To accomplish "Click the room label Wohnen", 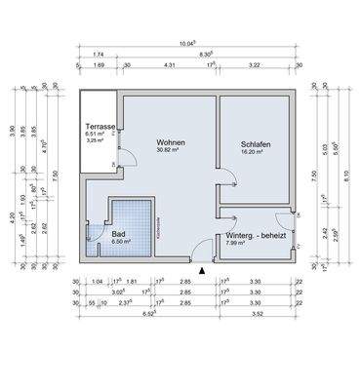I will click(171, 143).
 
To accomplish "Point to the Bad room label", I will click(118, 234).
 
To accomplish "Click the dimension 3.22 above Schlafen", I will click(255, 65).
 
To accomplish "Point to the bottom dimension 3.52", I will click(258, 315).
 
